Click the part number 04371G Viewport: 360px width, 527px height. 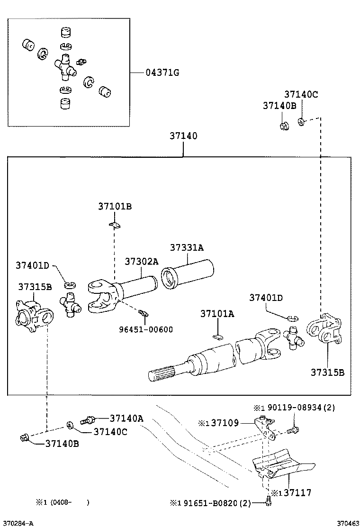point(162,73)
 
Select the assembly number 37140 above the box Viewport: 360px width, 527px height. point(183,136)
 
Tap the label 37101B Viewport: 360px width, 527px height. point(115,206)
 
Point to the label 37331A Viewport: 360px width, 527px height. point(187,247)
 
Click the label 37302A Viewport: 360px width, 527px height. point(141,262)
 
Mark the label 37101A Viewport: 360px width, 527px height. point(217,314)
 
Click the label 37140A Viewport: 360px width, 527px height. point(126,418)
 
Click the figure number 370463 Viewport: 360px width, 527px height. point(347,523)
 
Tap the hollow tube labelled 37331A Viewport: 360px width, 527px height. point(188,276)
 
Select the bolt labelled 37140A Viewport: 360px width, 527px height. point(88,419)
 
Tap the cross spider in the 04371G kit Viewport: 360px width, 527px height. point(65,68)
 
